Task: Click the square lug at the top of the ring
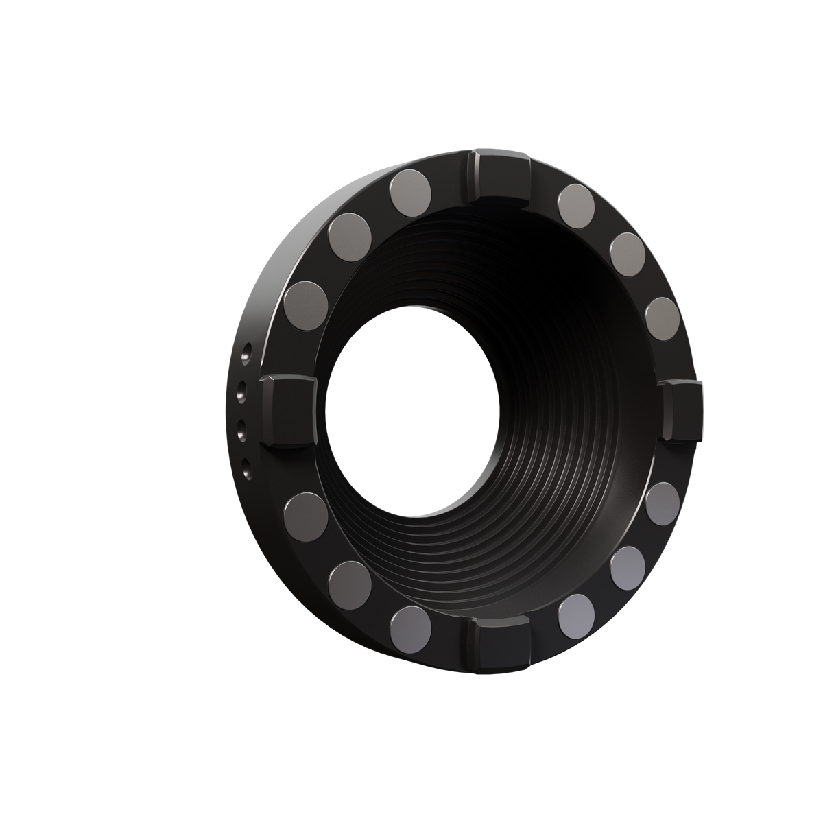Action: pos(499,175)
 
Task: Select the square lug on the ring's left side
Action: pos(287,411)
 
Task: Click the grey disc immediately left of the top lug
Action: pos(412,191)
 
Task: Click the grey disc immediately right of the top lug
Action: pos(576,204)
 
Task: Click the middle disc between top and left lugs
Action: pos(350,235)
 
